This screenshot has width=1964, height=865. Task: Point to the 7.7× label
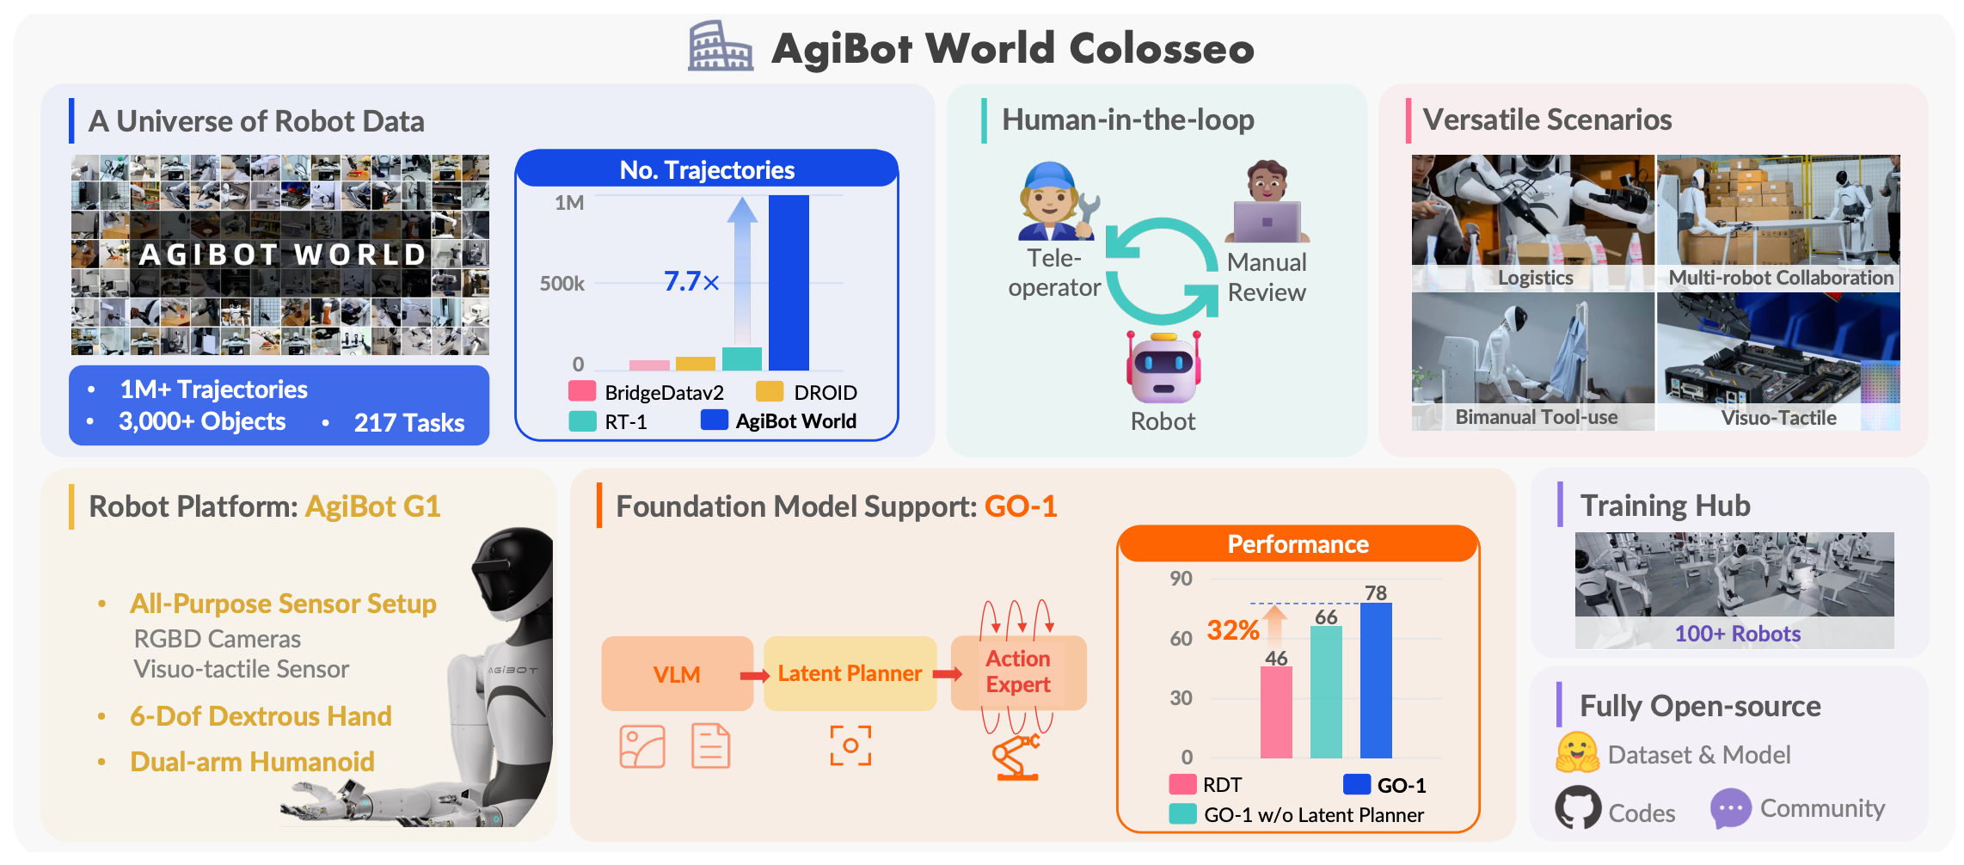[x=691, y=281]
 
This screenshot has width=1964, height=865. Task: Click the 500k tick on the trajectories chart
[x=562, y=283]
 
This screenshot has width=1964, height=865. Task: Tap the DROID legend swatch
[x=770, y=392]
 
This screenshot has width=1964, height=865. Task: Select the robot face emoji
[x=1163, y=369]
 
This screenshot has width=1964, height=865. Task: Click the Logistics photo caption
[x=1535, y=278]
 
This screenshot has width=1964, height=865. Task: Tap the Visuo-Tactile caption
[x=1778, y=418]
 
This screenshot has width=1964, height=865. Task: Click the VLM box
[x=677, y=674]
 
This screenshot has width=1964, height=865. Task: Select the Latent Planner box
[x=850, y=673]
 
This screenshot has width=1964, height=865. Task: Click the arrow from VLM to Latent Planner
[x=755, y=676]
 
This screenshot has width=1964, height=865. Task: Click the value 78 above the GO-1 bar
[x=1376, y=592]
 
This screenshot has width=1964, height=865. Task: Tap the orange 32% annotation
[x=1232, y=630]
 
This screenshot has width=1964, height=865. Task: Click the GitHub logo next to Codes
[x=1578, y=808]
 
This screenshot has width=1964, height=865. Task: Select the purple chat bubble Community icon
[x=1730, y=808]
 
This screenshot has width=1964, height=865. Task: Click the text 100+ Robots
[x=1737, y=634]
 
